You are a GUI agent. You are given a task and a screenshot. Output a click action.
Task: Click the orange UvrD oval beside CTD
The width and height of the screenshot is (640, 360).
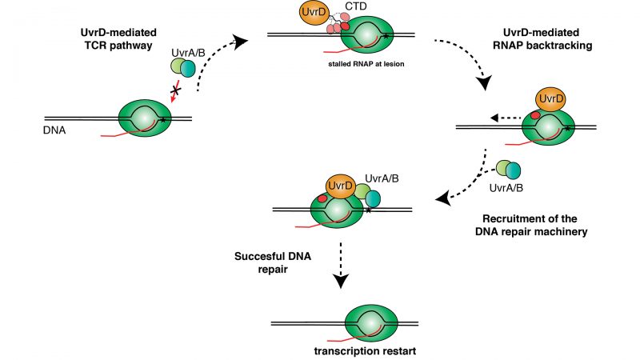(315, 14)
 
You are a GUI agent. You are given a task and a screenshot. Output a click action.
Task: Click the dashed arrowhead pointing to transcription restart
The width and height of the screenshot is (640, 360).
(342, 282)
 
